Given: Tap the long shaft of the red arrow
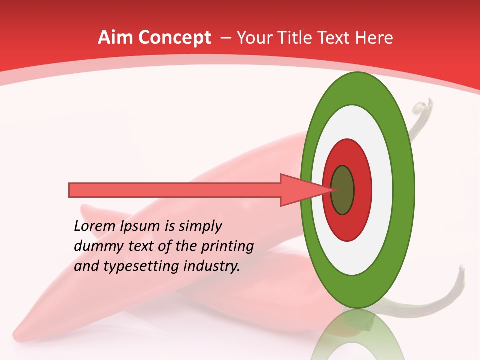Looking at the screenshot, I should pyautogui.click(x=175, y=190).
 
